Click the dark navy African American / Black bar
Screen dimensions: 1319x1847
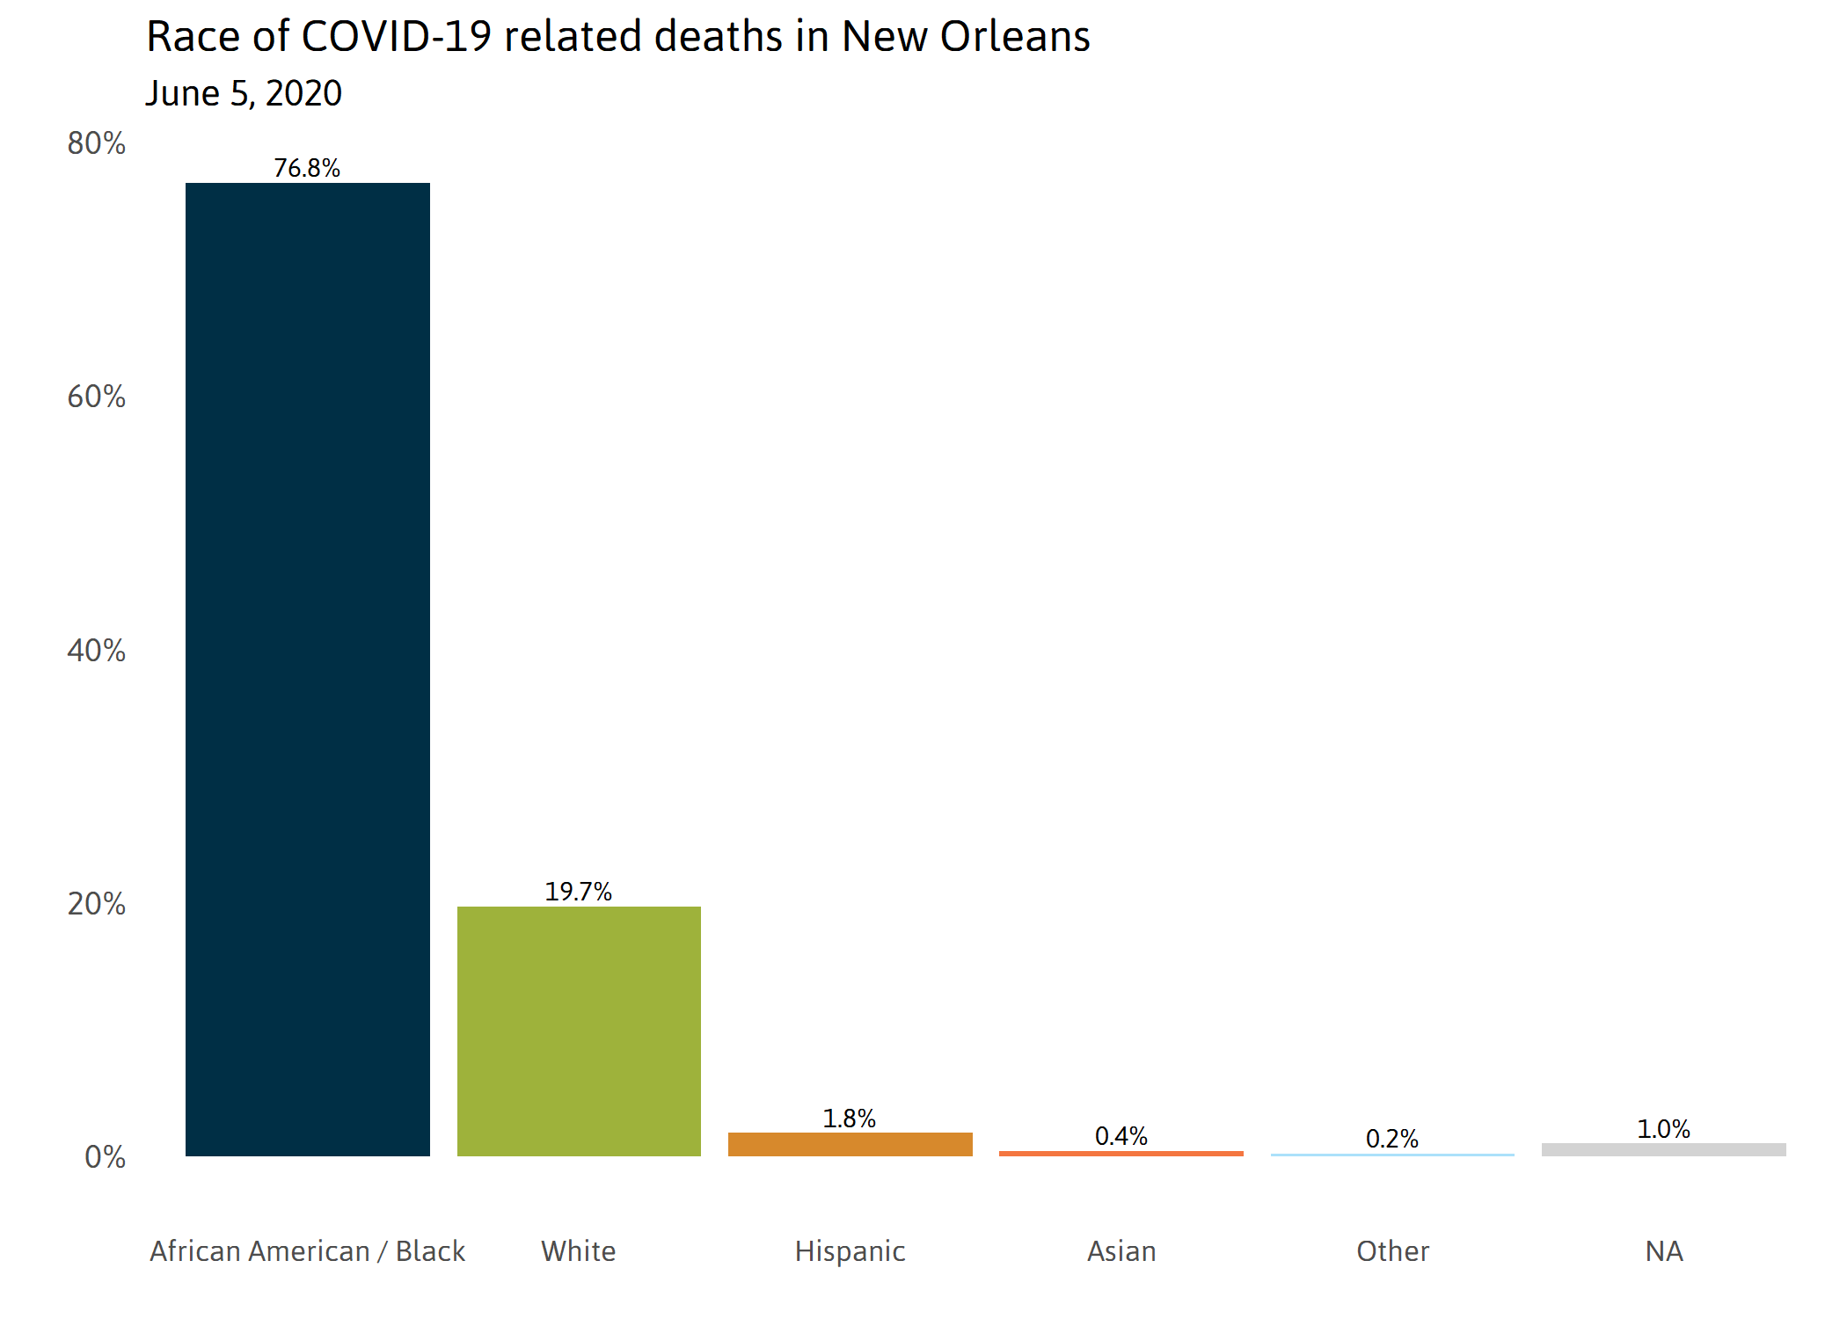tap(307, 668)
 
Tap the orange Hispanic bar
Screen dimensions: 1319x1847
tap(850, 1144)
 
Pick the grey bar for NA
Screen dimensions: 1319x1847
tap(1663, 1149)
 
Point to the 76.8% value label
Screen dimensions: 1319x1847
tap(307, 168)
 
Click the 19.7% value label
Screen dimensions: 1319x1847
tap(578, 892)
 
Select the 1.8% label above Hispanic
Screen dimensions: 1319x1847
tap(849, 1119)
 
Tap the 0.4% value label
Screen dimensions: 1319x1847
tap(1121, 1136)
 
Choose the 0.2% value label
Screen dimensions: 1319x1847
tap(1391, 1139)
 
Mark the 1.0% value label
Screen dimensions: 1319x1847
tap(1663, 1129)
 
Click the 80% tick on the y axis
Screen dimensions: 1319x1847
tap(96, 143)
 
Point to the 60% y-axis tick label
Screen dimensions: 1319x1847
tap(96, 397)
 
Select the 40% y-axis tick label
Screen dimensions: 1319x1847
tap(96, 651)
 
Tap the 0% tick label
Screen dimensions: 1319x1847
tap(105, 1157)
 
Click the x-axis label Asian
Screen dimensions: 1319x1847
tap(1121, 1250)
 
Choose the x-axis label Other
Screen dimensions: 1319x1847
tap(1392, 1250)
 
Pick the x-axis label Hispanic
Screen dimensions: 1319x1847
tap(850, 1250)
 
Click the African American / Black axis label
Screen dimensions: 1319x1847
tap(307, 1250)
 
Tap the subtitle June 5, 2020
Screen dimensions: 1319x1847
tap(244, 93)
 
